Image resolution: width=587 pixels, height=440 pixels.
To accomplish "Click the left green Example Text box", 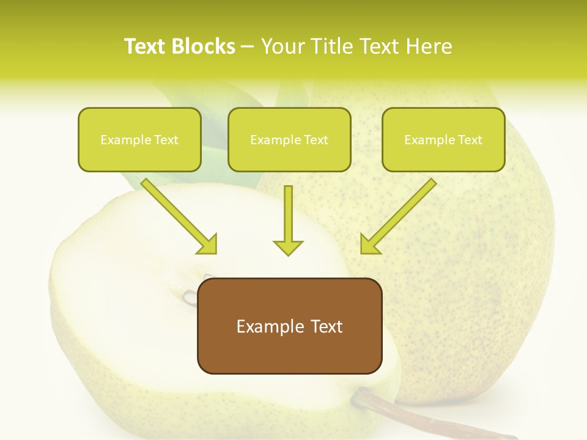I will click(x=139, y=139).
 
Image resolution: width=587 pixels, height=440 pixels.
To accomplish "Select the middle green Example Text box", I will click(x=289, y=139).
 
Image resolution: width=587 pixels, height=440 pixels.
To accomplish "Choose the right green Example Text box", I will click(x=443, y=139).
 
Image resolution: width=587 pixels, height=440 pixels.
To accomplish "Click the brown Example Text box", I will click(x=289, y=326).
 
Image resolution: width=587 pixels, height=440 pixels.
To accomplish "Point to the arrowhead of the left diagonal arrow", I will click(x=209, y=245).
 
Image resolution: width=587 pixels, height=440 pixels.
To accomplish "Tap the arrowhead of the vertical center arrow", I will click(x=288, y=248).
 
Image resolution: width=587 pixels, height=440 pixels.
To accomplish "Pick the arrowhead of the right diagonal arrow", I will click(x=369, y=245).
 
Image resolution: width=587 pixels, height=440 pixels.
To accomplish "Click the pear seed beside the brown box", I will click(x=190, y=298).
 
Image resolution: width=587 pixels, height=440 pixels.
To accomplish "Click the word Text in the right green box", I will click(x=470, y=139).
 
